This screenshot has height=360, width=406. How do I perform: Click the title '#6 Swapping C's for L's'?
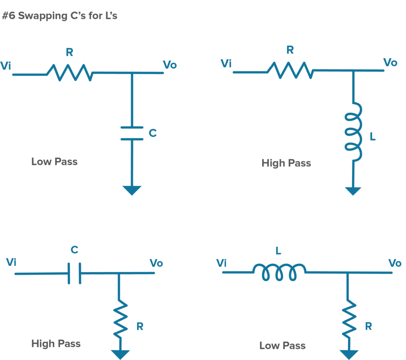60,17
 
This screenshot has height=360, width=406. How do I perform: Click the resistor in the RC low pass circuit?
70,73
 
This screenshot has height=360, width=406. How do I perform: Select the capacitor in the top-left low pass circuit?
132,133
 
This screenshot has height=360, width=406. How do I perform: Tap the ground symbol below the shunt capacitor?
132,190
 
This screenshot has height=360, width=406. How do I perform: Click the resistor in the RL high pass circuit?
290,71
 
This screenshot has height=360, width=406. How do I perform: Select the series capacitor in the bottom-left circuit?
74,273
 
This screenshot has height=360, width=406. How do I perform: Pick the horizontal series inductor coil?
279,272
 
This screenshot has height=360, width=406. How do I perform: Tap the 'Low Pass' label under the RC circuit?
54,162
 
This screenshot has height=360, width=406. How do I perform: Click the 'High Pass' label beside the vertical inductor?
286,163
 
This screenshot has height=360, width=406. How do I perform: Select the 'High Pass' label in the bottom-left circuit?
56,343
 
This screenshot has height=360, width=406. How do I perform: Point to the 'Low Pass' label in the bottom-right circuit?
282,345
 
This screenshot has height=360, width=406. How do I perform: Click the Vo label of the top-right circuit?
390,63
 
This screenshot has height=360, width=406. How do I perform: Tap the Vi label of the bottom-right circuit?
222,263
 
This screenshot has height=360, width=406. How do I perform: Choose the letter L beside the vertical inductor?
372,137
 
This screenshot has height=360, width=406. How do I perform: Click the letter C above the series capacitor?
74,250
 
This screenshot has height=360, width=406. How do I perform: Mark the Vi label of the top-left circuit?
6,65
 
